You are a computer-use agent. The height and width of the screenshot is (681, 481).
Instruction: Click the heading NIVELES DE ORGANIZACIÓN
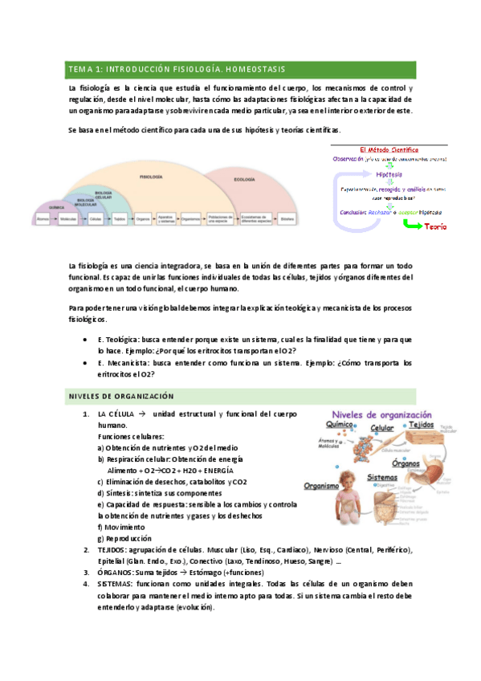point(120,396)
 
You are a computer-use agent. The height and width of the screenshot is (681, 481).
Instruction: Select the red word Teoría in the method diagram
point(436,226)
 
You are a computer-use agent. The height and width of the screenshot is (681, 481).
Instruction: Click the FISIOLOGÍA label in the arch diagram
point(151,176)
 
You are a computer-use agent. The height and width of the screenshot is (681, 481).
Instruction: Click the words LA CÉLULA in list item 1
point(112,414)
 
